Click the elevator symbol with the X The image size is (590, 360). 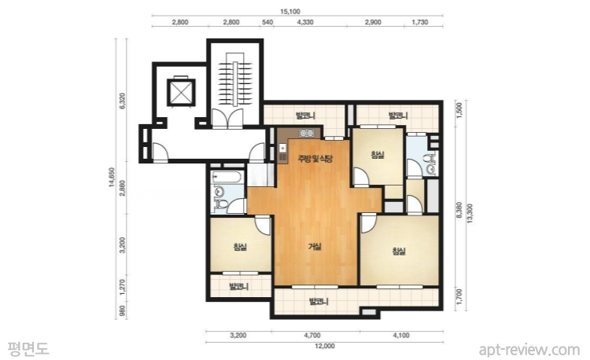(x=181, y=92)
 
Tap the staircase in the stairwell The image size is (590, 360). (x=235, y=83)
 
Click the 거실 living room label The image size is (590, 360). (x=315, y=247)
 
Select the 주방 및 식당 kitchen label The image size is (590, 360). (x=315, y=158)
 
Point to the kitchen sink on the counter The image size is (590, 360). (x=307, y=133)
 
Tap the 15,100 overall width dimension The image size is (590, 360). (x=289, y=12)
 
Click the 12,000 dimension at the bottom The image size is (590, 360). (x=325, y=346)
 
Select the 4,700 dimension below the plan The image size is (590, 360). (x=312, y=336)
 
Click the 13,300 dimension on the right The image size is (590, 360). (x=470, y=214)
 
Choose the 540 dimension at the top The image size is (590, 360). (x=267, y=22)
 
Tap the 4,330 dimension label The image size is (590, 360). (x=305, y=22)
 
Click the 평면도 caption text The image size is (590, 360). (x=28, y=348)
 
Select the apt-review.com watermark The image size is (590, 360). (x=529, y=350)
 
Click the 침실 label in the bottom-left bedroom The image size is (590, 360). (x=240, y=247)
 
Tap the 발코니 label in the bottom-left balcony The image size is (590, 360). (x=238, y=287)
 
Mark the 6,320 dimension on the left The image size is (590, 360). (x=122, y=101)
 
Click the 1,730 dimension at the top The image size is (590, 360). (x=419, y=22)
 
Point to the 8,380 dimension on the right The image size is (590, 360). (x=459, y=211)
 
